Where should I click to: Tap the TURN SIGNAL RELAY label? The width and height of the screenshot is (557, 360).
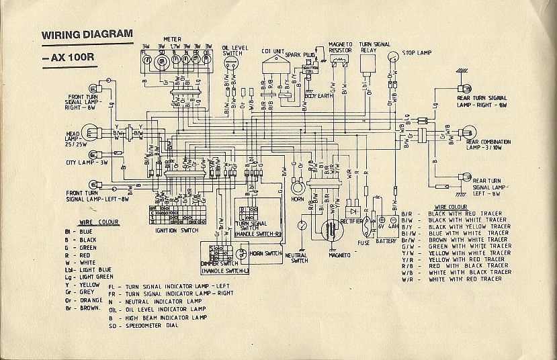point(374,46)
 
